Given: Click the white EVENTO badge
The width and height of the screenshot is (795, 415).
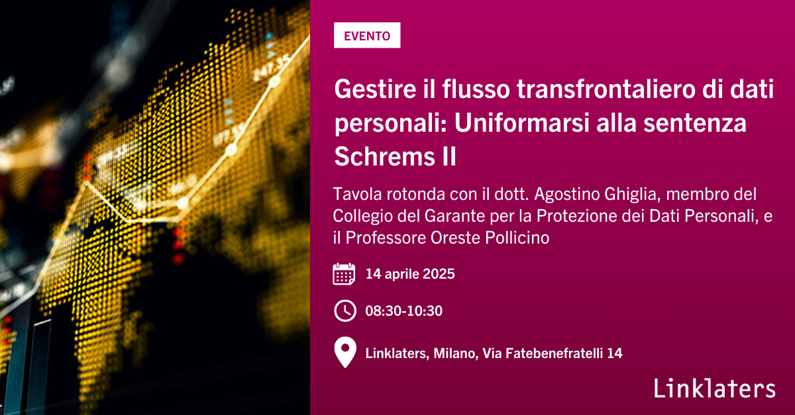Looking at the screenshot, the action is tap(367, 35).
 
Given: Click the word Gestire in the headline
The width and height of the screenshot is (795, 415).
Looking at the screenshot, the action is tap(375, 89).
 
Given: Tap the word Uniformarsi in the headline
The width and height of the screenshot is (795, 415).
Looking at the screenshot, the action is tap(521, 122).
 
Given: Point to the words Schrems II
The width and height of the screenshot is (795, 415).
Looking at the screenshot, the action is tap(395, 156).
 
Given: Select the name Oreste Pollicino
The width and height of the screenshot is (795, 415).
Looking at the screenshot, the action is tap(490, 238).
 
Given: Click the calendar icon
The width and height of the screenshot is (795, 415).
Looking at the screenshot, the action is tap(344, 274).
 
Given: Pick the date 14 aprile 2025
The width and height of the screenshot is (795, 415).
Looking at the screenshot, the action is tap(410, 274).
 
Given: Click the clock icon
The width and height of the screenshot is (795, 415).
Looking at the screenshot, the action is tap(345, 310).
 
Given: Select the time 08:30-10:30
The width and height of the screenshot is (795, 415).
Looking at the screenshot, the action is tap(404, 310).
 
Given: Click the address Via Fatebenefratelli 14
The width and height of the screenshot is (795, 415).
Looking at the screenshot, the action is tap(553, 353).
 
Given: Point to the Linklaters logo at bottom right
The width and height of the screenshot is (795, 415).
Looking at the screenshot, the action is tap(715, 388).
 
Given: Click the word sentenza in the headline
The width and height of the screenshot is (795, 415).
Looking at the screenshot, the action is tap(695, 122).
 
